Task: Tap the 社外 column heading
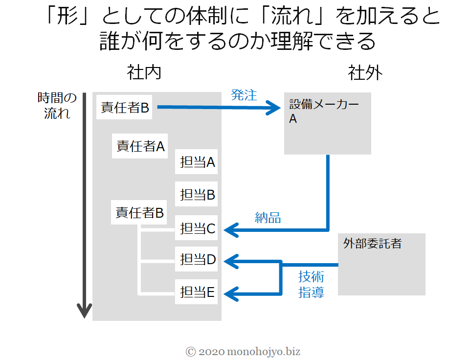[365, 73]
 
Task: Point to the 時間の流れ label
[57, 106]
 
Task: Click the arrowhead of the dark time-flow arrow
[84, 311]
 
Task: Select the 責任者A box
[140, 146]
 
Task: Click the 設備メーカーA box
[328, 123]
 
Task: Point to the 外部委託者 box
[381, 264]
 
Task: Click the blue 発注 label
[244, 95]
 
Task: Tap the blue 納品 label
[268, 217]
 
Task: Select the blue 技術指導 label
[312, 284]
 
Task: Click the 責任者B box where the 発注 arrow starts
[124, 108]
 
